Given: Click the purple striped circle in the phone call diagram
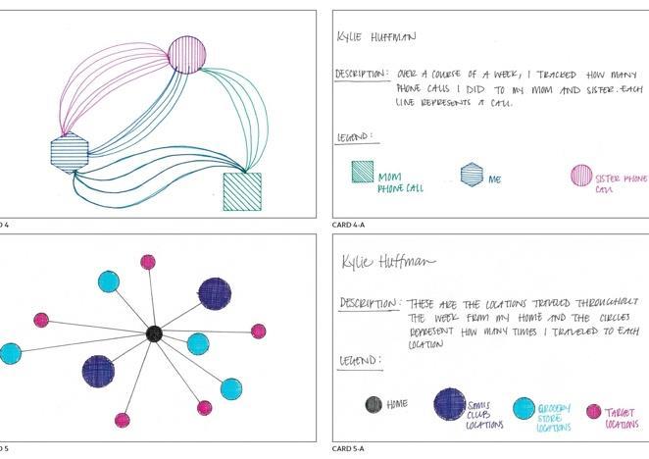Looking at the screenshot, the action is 187,54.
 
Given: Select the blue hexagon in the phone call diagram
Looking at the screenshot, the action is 70,152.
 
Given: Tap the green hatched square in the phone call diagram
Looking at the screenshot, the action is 242,191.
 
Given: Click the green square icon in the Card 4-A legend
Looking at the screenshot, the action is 363,171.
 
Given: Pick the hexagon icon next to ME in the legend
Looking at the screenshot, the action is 472,175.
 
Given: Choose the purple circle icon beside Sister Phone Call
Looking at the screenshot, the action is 581,177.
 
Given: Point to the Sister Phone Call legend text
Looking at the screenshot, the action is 622,183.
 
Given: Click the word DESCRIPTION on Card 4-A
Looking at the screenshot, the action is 360,74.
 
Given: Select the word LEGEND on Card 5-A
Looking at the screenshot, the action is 359,361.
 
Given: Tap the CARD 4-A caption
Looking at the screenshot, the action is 348,226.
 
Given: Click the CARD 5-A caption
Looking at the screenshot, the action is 348,449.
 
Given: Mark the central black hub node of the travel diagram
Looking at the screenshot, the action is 154,333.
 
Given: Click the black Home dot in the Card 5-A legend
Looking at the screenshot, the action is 374,403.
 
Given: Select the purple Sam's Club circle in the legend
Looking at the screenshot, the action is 450,404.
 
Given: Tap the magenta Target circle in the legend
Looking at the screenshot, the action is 594,412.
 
